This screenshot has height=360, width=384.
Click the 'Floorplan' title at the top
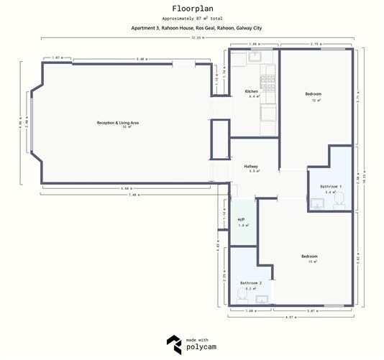191,9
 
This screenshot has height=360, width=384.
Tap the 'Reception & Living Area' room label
117,123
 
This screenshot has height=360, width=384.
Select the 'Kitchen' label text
252,91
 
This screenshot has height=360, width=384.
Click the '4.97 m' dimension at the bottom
291,317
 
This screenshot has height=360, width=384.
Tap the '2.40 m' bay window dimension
26,122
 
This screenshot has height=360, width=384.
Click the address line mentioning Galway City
191,28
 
